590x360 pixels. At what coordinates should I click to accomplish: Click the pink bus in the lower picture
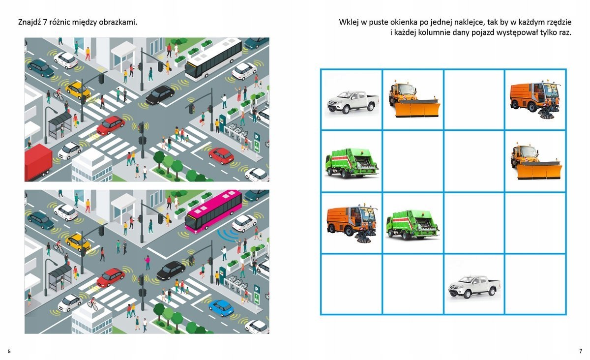click(x=213, y=211)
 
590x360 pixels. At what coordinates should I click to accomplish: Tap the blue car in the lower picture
click(x=221, y=308)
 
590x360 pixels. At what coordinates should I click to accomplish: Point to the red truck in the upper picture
click(x=38, y=162)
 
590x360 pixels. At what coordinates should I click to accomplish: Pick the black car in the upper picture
click(x=160, y=94)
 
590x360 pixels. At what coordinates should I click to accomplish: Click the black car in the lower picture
click(x=171, y=270)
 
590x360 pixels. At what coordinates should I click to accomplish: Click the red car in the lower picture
click(x=111, y=277)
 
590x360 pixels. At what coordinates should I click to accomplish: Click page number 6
click(x=9, y=351)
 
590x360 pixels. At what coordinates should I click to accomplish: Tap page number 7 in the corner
click(x=581, y=351)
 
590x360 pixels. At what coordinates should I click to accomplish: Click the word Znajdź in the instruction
click(x=29, y=22)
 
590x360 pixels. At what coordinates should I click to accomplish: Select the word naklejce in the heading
click(x=468, y=22)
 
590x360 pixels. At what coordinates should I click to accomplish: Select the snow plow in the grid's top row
click(x=414, y=99)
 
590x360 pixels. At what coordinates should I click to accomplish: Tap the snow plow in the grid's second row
click(x=536, y=161)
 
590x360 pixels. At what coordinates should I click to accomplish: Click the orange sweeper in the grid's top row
click(x=535, y=100)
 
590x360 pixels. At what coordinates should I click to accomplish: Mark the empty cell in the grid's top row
click(x=474, y=100)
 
